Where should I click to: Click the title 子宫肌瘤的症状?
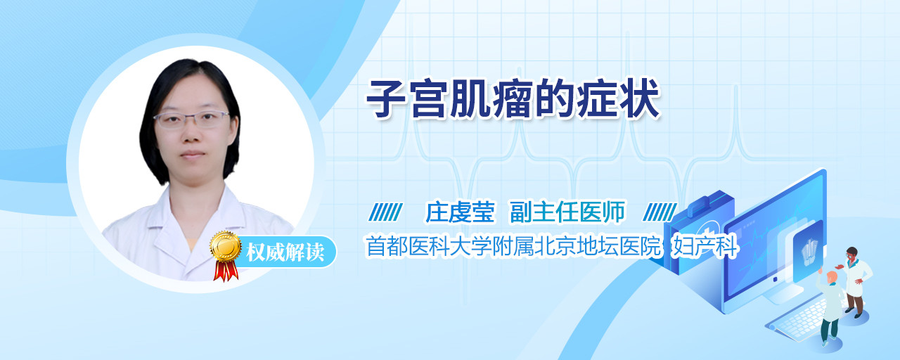513,98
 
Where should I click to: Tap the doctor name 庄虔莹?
460,212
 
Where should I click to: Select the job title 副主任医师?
567,212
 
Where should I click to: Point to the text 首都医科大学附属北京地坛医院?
513,246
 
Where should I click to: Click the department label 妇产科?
705,246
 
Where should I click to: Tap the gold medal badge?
226,246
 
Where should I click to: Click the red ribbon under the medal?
226,271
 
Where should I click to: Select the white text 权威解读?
285,252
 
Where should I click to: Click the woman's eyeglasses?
192,120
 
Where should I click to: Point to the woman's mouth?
192,154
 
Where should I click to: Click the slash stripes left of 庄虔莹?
385,212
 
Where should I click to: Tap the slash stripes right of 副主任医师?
660,212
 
